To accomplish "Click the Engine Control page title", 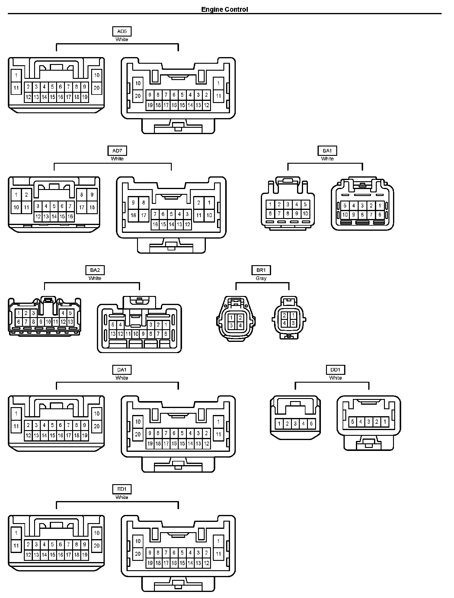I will click(x=225, y=9).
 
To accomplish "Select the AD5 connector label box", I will click(x=122, y=31).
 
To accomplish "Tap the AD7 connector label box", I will click(x=117, y=151).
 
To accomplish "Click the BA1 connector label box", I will click(x=327, y=151).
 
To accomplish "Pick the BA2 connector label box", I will click(x=95, y=270).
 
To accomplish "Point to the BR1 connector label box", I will click(x=261, y=270).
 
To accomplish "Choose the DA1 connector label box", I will click(x=122, y=370).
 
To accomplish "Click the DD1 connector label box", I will click(x=335, y=370).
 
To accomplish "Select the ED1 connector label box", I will click(x=122, y=489).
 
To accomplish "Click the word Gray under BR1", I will click(x=261, y=278).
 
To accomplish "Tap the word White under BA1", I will click(x=327, y=159).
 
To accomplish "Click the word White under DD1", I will click(x=335, y=378).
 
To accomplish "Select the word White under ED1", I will click(x=122, y=497).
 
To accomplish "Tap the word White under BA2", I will click(x=95, y=278).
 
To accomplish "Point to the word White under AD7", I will click(x=117, y=159).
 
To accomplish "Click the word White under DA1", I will click(x=122, y=378).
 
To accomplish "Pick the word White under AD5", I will click(x=122, y=39).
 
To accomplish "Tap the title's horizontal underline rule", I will click(x=225, y=14).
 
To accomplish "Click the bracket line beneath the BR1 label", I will click(x=262, y=283).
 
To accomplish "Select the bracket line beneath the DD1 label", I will click(x=332, y=382).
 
